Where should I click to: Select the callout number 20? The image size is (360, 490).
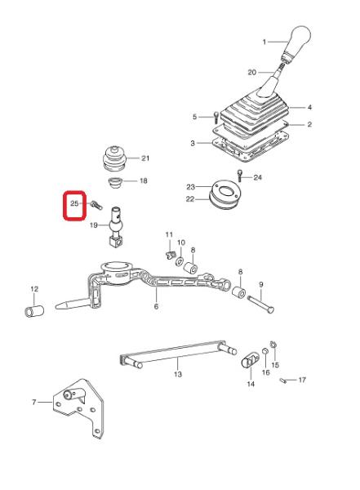point(252,73)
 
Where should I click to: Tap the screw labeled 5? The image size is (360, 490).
point(216,118)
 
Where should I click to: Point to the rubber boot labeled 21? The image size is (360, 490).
point(114,158)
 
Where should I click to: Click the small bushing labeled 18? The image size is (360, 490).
point(115,182)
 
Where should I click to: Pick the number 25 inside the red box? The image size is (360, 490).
point(74,203)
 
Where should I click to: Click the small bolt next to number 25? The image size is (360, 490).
point(96,206)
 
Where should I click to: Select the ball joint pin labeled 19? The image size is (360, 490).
point(116,227)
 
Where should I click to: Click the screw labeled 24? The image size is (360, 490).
point(240,176)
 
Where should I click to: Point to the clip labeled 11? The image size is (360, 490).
point(169,255)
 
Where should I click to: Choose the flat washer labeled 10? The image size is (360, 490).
point(180,261)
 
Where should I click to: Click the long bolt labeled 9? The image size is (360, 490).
point(260,304)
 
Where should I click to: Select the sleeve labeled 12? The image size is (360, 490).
point(34,312)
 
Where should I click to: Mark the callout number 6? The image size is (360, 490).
point(156,306)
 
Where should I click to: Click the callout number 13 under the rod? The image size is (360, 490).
point(177,374)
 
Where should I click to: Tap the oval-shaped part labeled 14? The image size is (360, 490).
point(251,361)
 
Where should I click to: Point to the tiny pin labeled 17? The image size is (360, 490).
point(283,381)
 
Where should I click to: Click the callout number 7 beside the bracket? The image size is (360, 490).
point(34,402)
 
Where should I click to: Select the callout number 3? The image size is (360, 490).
point(193,143)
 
